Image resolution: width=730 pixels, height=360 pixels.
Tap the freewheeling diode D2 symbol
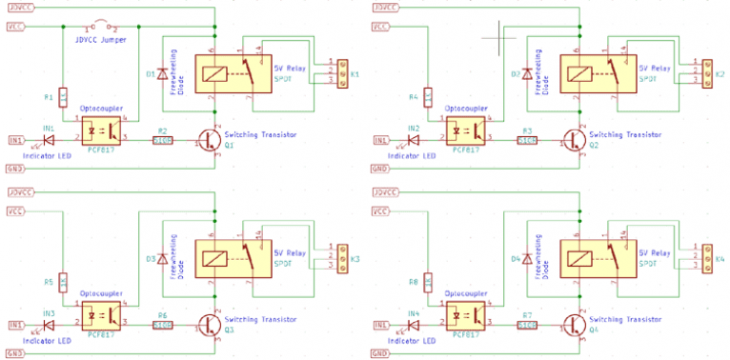point(527,73)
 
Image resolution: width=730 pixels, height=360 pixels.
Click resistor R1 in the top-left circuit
point(63,97)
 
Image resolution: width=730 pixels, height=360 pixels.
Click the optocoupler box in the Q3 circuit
point(103,312)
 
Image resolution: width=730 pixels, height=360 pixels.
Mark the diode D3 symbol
point(162,259)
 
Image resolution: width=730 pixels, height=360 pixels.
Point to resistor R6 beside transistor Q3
point(162,326)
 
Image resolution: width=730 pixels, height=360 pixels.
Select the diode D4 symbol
point(527,259)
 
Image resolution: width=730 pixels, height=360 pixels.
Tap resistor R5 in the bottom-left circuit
point(63,283)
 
